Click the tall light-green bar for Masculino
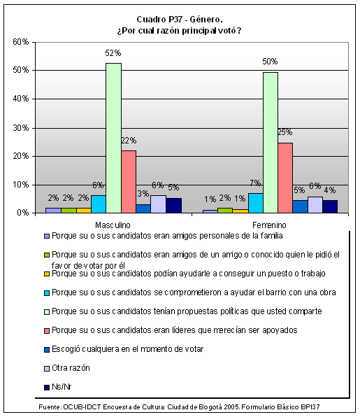pos(113,138)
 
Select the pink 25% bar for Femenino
pos(285,178)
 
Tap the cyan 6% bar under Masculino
pos(99,204)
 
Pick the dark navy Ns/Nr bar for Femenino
pos(330,206)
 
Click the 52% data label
pos(113,53)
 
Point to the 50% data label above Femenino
pos(270,62)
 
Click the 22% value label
pos(129,141)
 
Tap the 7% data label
pos(255,183)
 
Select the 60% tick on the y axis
pos(21,42)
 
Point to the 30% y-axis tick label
pos(21,128)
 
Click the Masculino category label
pos(113,225)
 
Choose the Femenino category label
pos(269,225)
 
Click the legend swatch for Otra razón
pos(47,369)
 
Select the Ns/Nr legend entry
pos(58,387)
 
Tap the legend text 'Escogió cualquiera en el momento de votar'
pos(127,349)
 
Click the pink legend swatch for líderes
pos(47,331)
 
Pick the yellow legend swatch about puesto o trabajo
pos(47,274)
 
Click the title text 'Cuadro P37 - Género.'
pos(180,20)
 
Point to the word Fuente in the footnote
pos(50,407)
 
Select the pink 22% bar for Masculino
pos(129,182)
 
